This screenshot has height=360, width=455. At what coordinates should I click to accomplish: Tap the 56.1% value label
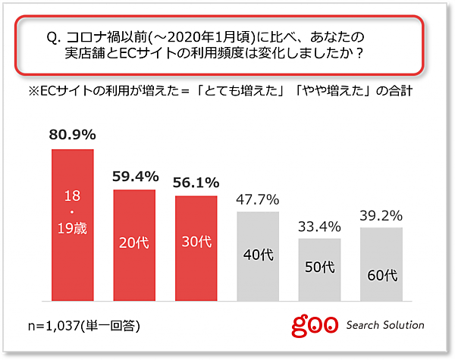(196, 183)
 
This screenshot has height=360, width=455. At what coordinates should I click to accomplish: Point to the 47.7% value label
(258, 200)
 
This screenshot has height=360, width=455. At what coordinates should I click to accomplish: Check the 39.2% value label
(381, 216)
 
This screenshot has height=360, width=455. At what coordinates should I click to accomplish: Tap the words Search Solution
(385, 325)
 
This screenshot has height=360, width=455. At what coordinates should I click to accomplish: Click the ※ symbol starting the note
(33, 92)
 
